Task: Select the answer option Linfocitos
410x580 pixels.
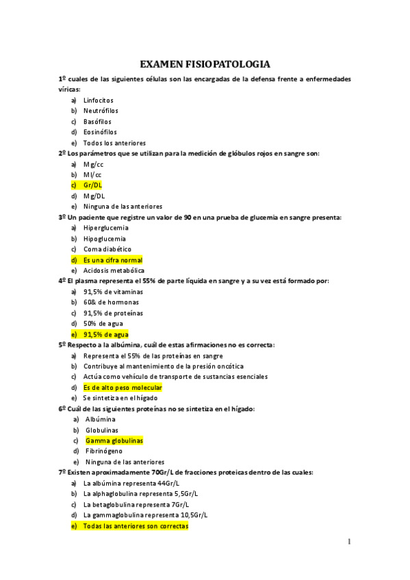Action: click(98, 100)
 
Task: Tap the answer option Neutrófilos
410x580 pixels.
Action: click(100, 110)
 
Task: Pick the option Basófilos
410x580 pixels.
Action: click(97, 121)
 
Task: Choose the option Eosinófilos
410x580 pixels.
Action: click(100, 132)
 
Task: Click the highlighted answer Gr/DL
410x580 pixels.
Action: click(92, 185)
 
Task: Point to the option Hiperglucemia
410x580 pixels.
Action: click(105, 228)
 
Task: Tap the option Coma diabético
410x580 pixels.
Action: click(107, 249)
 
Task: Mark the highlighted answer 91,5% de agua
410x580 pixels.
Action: click(105, 334)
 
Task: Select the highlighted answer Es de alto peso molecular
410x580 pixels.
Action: click(122, 387)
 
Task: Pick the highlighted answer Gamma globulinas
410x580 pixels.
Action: click(114, 440)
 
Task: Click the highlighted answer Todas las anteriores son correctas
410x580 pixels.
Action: click(135, 526)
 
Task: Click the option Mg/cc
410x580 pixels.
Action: click(94, 164)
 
